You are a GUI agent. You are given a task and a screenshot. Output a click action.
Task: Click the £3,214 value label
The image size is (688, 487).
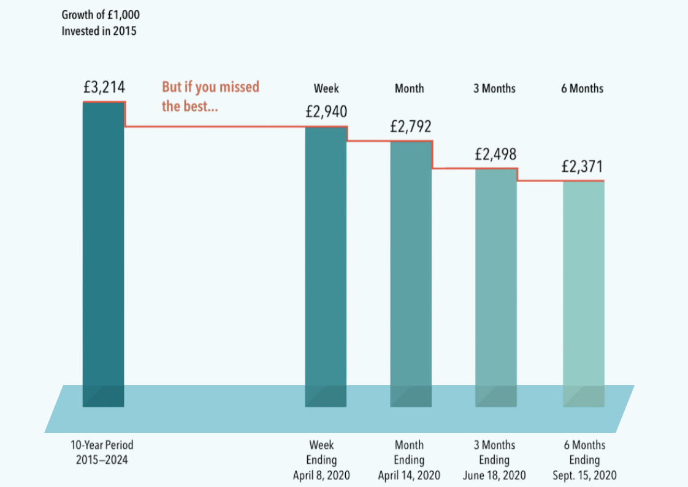click(104, 87)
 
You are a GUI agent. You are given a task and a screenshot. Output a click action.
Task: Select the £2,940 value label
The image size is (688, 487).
click(326, 112)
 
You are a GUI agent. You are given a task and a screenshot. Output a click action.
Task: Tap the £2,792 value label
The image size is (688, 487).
click(411, 126)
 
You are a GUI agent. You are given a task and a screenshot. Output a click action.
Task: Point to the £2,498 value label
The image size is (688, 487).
click(495, 153)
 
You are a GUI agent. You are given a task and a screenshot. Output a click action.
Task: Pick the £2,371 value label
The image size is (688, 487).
click(583, 166)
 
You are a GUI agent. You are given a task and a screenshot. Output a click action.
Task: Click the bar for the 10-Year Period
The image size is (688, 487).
click(104, 251)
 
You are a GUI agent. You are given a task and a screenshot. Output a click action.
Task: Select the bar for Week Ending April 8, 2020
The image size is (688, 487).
click(326, 264)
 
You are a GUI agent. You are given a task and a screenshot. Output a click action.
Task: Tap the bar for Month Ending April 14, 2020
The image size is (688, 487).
click(411, 270)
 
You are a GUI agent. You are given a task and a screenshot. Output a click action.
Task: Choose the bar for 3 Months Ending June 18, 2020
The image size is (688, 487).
click(495, 285)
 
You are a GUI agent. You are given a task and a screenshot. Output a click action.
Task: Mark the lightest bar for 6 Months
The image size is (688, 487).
click(584, 291)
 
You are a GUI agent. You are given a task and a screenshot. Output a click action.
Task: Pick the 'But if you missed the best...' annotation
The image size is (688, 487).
click(210, 96)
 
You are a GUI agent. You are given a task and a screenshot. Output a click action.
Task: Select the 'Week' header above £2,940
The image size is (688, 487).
click(326, 88)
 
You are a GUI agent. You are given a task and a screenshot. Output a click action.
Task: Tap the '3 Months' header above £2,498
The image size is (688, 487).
click(494, 88)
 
